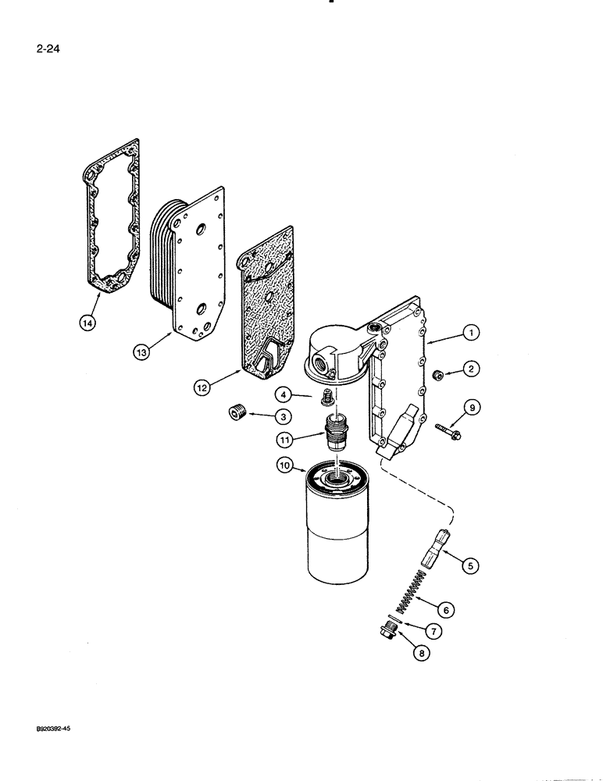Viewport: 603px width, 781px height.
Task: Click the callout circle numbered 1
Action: (471, 333)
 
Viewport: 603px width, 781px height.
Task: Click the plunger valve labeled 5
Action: (435, 544)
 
